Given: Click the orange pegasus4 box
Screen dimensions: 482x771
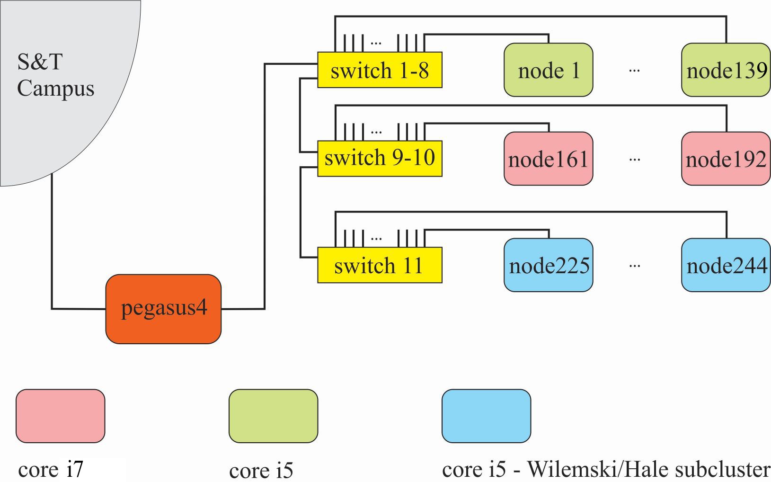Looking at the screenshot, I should coord(163,309).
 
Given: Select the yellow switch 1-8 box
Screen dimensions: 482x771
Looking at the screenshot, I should coord(380,70).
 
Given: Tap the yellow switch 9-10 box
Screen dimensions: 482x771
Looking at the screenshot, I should coord(380,158).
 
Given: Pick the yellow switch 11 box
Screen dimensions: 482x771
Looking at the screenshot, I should coord(380,265).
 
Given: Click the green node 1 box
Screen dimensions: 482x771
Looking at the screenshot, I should coord(548,70).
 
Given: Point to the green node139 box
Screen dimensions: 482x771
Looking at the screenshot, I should coord(726,70).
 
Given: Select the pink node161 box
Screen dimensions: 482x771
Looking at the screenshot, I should coord(548,159).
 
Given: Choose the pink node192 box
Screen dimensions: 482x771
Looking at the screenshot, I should coord(726,159).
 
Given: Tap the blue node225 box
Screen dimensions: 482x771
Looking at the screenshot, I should coord(548,265).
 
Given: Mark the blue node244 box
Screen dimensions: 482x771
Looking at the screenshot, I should coord(726,265).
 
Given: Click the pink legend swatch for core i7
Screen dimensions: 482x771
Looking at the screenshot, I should coord(61,416).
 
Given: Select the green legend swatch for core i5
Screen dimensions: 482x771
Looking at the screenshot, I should coord(273,416).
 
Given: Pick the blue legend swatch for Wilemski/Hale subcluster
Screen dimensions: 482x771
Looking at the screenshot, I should coord(486,416).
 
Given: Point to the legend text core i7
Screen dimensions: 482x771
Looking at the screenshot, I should coord(51,469).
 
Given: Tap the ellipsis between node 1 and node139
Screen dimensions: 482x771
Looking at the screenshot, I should coord(634,71).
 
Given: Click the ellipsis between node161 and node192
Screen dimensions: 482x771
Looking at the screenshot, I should coord(634,159).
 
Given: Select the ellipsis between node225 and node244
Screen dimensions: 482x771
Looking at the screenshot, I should coord(634,266).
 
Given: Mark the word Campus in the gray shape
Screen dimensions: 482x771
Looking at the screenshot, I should coord(56,89).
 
